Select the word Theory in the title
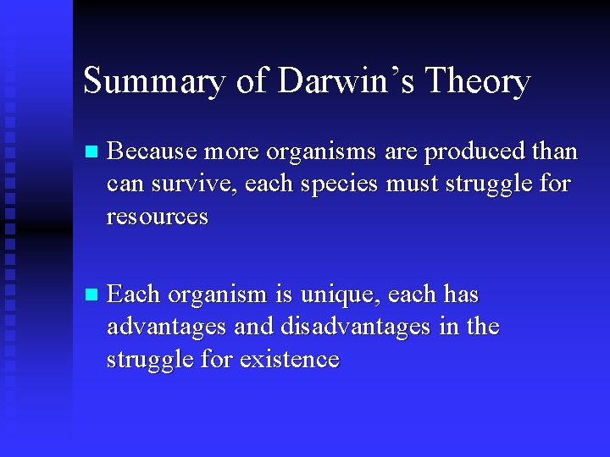click(479, 82)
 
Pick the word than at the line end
click(555, 152)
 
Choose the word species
click(343, 184)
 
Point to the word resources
click(157, 217)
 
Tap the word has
click(462, 295)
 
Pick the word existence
click(289, 359)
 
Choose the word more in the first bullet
click(232, 152)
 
